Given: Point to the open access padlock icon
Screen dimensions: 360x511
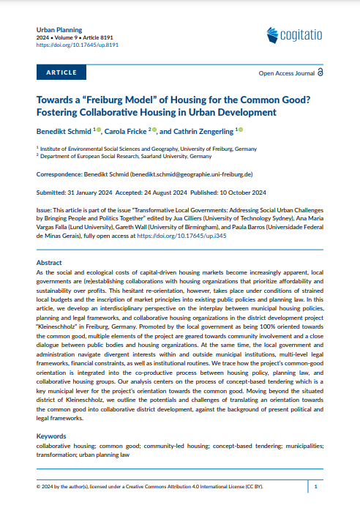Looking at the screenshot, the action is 321,73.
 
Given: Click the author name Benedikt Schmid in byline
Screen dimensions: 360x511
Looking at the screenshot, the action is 64,131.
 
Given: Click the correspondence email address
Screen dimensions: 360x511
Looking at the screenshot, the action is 191,175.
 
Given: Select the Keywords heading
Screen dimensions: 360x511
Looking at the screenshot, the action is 52,436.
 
